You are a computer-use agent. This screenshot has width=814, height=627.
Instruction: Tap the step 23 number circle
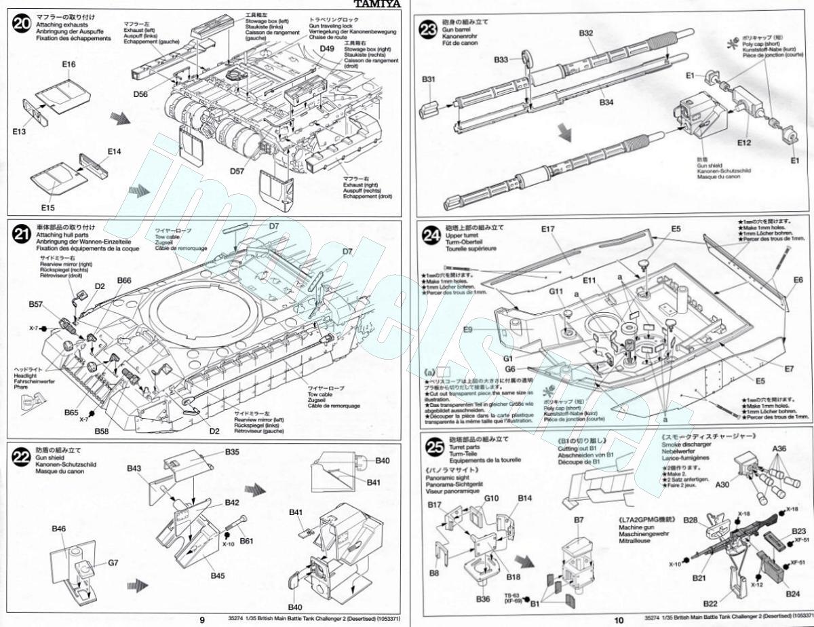428,31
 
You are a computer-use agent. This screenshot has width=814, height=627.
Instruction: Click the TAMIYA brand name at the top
377,4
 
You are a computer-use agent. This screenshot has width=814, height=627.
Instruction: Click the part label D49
327,49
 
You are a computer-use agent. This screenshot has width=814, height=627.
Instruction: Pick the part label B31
429,79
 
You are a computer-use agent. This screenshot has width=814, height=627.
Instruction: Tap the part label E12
744,143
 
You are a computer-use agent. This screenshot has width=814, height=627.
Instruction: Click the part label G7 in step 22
113,563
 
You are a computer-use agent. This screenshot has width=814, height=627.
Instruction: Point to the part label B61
246,541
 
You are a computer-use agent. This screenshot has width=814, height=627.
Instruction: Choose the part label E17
549,229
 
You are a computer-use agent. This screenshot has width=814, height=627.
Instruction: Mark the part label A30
722,484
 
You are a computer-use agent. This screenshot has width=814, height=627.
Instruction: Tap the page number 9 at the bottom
202,620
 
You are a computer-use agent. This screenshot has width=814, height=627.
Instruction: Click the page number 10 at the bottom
618,620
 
